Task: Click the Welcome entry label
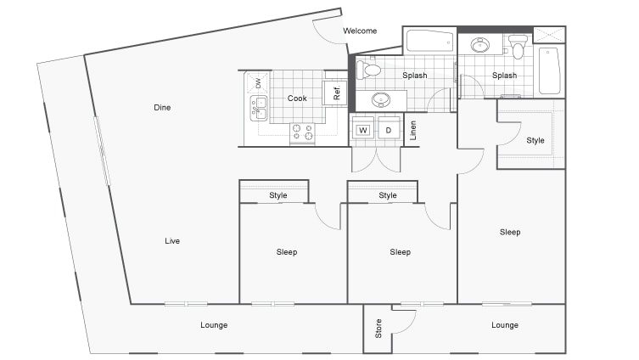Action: [x=360, y=31]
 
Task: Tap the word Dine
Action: [x=164, y=107]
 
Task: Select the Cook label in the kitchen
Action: [x=297, y=98]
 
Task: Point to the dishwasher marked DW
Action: [x=258, y=82]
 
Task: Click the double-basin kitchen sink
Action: [x=258, y=108]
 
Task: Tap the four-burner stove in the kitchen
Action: [x=303, y=132]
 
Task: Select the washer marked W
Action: [x=363, y=130]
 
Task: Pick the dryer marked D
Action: [x=389, y=130]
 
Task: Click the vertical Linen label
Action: [x=413, y=131]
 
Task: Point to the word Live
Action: [x=172, y=241]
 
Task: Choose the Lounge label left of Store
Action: [x=214, y=325]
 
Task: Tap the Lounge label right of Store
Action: [x=505, y=325]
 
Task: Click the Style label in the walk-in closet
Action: [x=535, y=140]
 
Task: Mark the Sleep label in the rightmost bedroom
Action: [x=510, y=232]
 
